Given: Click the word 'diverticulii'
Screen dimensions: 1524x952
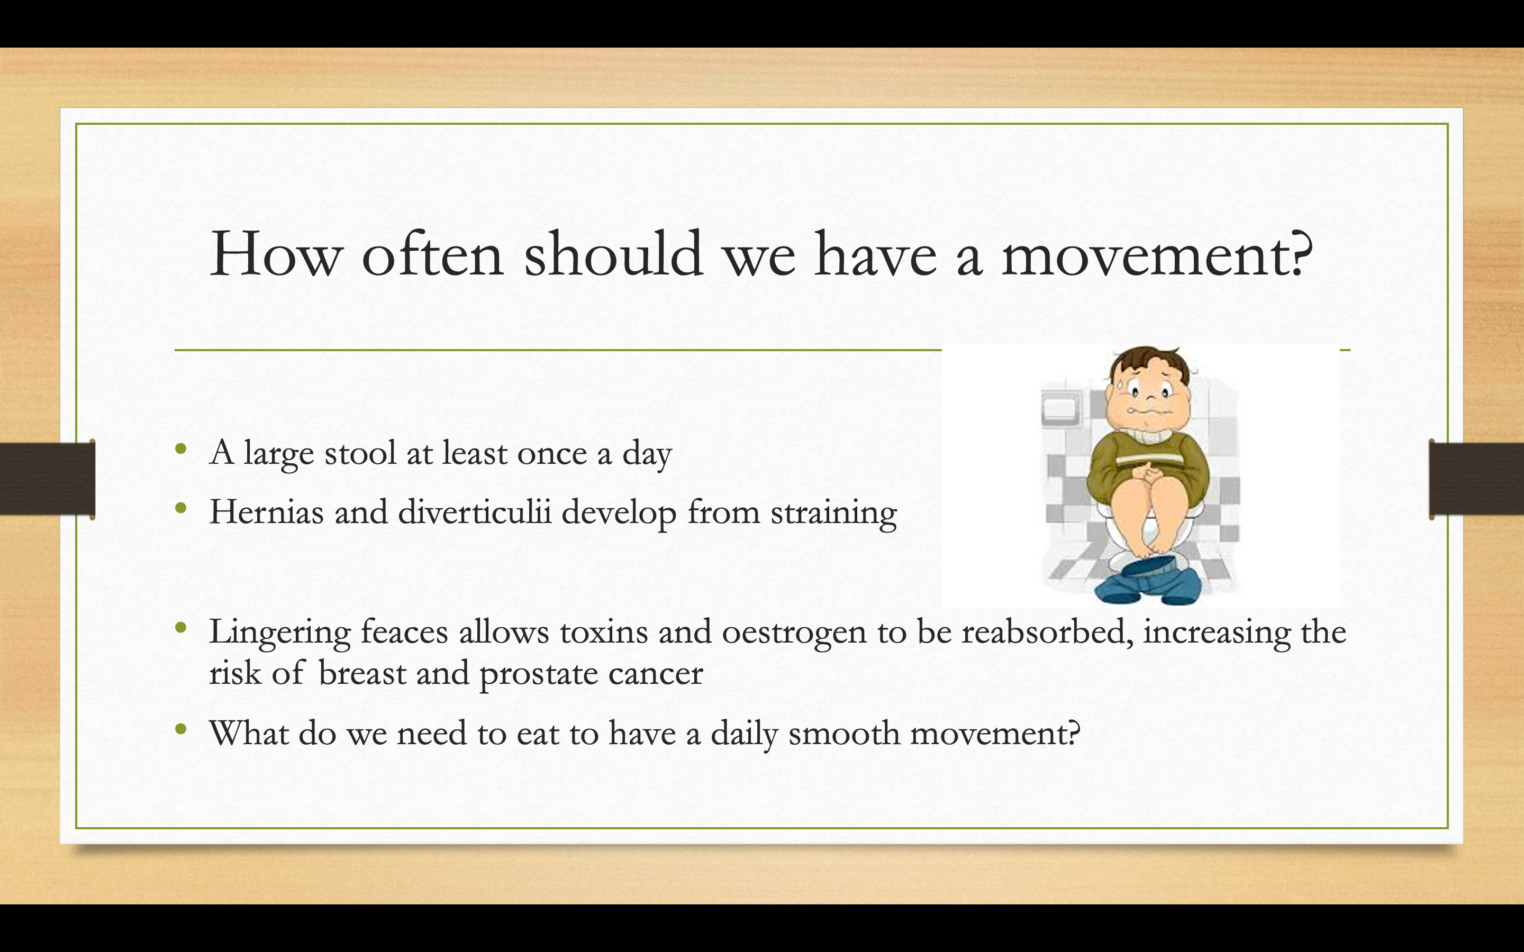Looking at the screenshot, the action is pos(475,511).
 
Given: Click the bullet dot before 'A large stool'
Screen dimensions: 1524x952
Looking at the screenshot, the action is pos(182,448).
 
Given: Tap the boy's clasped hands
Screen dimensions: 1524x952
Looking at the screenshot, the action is pos(1150,472).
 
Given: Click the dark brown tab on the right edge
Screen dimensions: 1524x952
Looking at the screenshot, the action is pos(1476,479).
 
